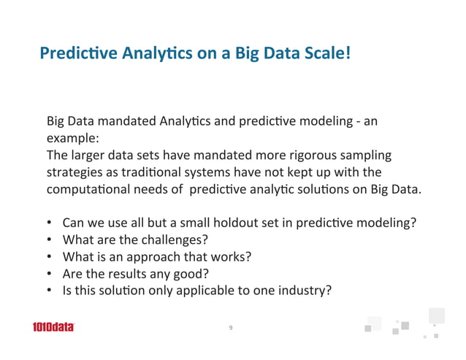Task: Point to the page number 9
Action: (231, 328)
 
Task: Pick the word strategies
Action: (73, 172)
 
